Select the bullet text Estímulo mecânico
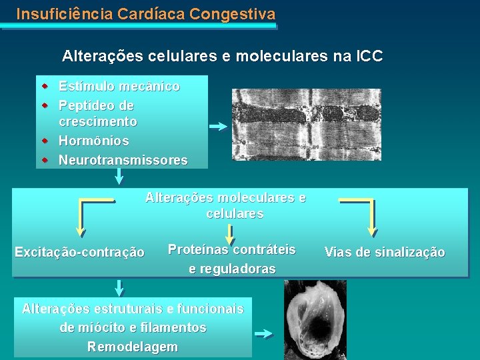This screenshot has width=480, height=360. pos(119,87)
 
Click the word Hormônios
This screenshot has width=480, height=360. pos(94,141)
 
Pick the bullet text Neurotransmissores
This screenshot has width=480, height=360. pos(123,160)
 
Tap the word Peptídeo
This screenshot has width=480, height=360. pos(87,105)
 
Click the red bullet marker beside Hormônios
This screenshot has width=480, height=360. pos(45,141)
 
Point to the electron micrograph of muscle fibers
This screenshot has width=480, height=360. pos(296,125)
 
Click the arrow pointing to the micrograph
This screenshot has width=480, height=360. pos(217,126)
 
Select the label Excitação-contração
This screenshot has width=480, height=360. pos(79,252)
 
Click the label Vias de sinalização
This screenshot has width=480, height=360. pos(385,252)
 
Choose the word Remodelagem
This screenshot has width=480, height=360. pos(133,347)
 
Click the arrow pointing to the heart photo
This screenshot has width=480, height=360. pos(265,334)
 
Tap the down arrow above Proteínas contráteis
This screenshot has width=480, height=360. pos(230,233)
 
